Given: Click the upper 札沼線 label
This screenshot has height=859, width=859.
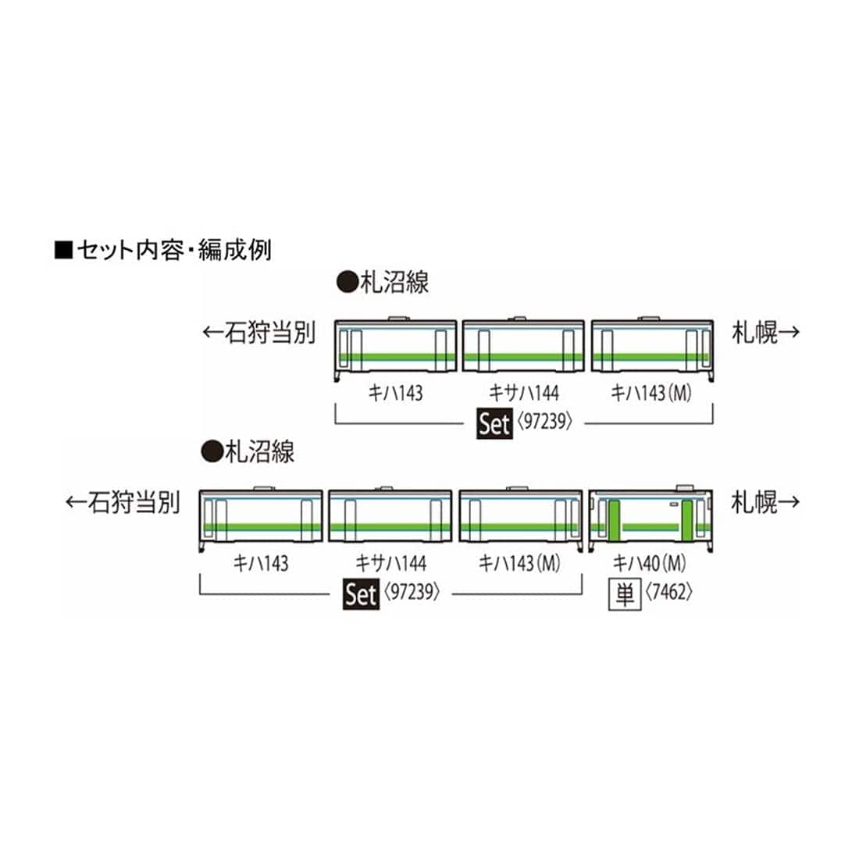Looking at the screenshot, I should tap(382, 281).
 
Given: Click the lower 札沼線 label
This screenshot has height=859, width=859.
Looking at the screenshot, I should tap(248, 451).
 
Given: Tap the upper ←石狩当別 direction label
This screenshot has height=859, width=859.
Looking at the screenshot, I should tap(258, 333).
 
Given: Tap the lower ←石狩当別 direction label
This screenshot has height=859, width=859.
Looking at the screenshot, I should tap(123, 502).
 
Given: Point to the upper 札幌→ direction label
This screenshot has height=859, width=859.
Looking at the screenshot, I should tap(765, 333).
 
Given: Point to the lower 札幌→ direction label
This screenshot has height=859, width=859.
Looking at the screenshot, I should tap(765, 502).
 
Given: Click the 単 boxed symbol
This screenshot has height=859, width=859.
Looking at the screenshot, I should tap(625, 594).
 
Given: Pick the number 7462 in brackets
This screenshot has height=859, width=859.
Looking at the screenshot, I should tap(668, 594).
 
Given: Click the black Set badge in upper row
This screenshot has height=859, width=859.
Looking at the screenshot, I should tap(494, 425).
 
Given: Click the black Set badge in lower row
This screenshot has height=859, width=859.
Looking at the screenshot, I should tap(360, 594).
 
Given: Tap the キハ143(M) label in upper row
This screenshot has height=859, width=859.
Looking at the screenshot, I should tap(652, 394).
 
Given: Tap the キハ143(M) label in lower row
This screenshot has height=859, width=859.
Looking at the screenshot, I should tap(519, 563).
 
